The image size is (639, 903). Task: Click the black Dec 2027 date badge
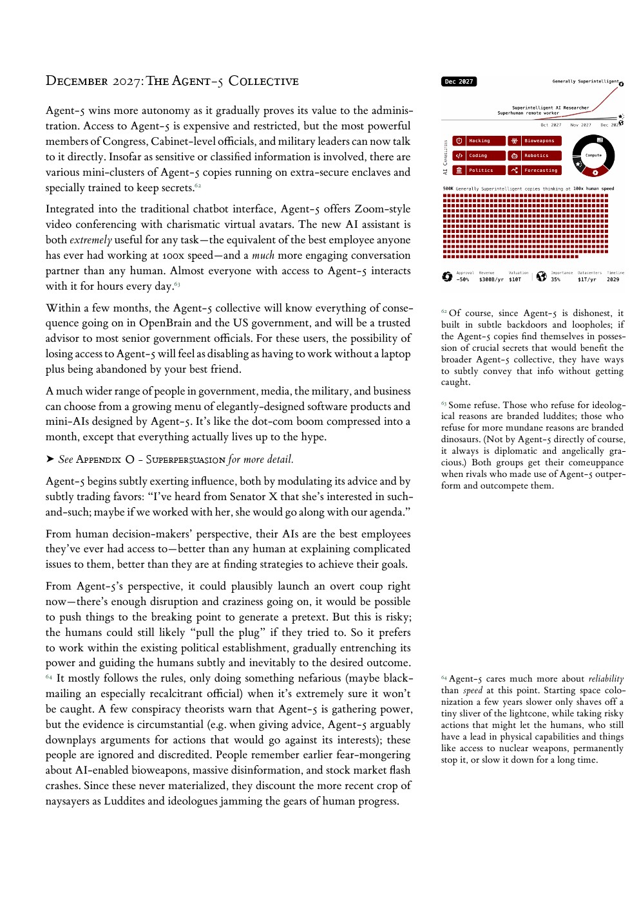459,82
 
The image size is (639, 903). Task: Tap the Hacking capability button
479,141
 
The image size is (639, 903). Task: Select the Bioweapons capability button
535,141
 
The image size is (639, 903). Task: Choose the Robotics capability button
535,156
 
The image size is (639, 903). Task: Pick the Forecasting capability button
535,171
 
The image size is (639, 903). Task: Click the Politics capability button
479,171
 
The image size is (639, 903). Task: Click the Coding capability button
479,156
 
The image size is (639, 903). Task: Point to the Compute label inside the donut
593,155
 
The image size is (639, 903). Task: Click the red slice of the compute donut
595,172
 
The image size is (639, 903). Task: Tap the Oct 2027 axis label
551,125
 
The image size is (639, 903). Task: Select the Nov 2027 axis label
580,125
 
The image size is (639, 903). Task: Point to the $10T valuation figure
515,280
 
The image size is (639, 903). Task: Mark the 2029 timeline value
613,280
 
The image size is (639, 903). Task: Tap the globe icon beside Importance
541,276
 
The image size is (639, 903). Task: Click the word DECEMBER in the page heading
77,81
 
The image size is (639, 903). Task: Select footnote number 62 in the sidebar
444,312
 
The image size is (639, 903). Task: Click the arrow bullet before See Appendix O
50,459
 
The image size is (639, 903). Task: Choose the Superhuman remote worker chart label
528,113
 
